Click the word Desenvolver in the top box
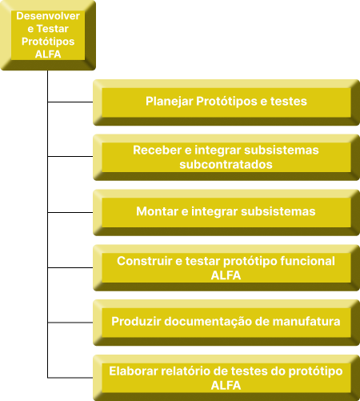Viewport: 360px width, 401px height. pos(48,16)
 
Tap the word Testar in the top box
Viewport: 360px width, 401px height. pos(53,29)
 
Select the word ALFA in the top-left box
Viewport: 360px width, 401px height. pos(48,54)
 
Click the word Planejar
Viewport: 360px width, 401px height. pos(170,102)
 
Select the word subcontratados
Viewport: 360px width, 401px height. pos(226,164)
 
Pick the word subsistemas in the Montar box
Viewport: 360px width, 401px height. pos(278,211)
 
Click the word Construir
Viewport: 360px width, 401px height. pos(145,261)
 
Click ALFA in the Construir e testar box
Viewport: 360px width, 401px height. pos(226,275)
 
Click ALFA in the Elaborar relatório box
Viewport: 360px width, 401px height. pos(226,386)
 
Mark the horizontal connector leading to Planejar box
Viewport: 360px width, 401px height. pos(70,102)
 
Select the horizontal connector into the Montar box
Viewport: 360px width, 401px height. pos(70,212)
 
